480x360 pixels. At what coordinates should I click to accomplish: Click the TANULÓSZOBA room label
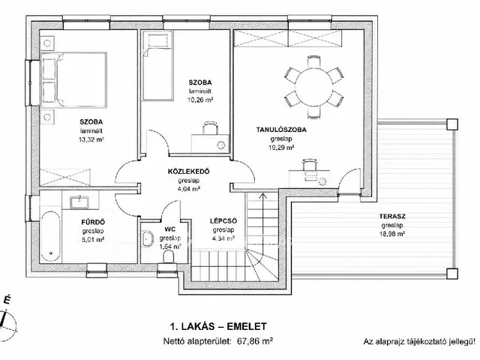tap(281, 130)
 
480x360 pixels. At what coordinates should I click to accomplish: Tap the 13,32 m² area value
tap(91, 139)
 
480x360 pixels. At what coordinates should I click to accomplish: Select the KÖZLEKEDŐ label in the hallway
tap(188, 172)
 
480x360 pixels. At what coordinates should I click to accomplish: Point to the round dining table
tap(313, 87)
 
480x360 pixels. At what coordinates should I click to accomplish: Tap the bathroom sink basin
tap(79, 202)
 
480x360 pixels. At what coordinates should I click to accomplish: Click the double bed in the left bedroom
tap(73, 79)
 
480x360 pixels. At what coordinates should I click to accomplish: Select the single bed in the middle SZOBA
tap(157, 67)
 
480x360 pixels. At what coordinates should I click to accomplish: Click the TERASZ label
tap(392, 217)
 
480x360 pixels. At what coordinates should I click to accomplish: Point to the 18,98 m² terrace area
tap(393, 234)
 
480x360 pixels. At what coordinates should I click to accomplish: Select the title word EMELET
tap(247, 326)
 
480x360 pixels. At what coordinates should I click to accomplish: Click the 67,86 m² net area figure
tap(255, 341)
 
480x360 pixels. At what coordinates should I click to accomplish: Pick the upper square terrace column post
tap(452, 124)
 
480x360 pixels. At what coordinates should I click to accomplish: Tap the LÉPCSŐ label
tap(223, 220)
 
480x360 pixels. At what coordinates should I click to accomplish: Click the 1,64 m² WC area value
tap(170, 247)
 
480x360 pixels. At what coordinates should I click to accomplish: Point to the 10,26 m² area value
tap(200, 100)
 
